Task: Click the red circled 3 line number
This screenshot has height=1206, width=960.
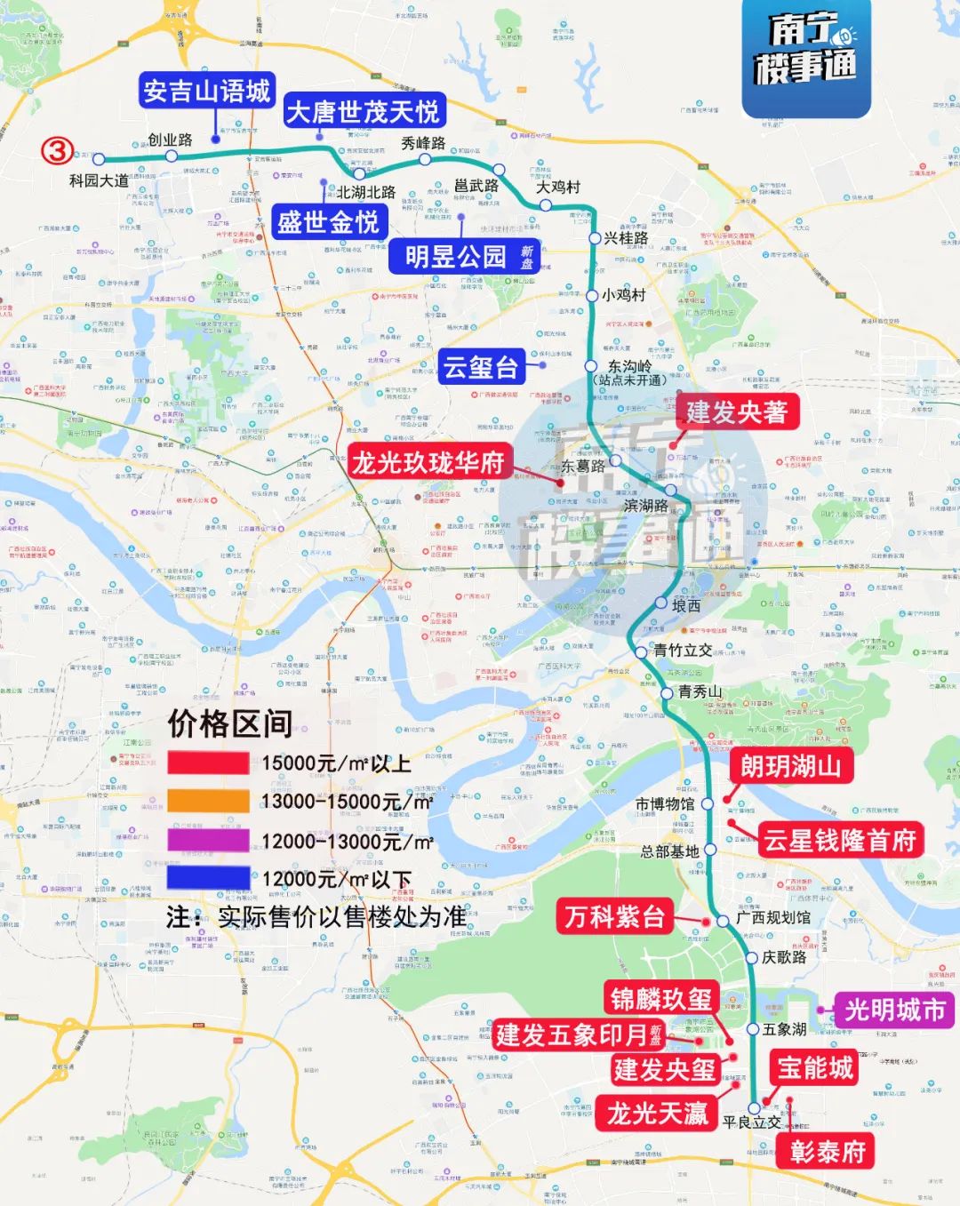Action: pyautogui.click(x=58, y=151)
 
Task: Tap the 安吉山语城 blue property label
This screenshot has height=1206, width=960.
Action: pyautogui.click(x=207, y=91)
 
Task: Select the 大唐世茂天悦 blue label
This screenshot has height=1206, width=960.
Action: pyautogui.click(x=363, y=112)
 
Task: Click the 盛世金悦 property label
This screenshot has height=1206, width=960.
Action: pyautogui.click(x=328, y=221)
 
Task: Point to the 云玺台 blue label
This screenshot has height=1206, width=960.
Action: pyautogui.click(x=481, y=366)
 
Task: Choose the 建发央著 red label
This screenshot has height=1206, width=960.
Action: pyautogui.click(x=736, y=411)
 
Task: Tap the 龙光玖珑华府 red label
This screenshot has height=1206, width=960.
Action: pyautogui.click(x=428, y=462)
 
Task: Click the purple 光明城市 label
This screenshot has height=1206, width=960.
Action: pyautogui.click(x=894, y=1010)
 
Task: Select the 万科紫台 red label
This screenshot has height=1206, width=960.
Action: pyautogui.click(x=615, y=916)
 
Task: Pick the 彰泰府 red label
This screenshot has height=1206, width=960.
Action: pyautogui.click(x=828, y=1152)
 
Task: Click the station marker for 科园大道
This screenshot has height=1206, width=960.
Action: pyautogui.click(x=99, y=160)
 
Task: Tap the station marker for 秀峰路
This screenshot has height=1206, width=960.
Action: pyautogui.click(x=425, y=160)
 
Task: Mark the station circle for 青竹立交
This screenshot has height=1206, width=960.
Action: pyautogui.click(x=642, y=652)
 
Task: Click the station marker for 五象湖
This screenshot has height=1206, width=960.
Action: pyautogui.click(x=753, y=1029)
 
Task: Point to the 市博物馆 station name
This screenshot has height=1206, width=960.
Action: pyautogui.click(x=665, y=803)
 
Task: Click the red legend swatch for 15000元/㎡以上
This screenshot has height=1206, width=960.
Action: pyautogui.click(x=208, y=763)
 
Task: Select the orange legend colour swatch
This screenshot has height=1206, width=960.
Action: pyautogui.click(x=208, y=802)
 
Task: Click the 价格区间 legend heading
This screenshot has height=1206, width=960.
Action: pyautogui.click(x=230, y=723)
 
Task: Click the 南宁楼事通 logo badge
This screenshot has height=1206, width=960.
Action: pyautogui.click(x=806, y=58)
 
